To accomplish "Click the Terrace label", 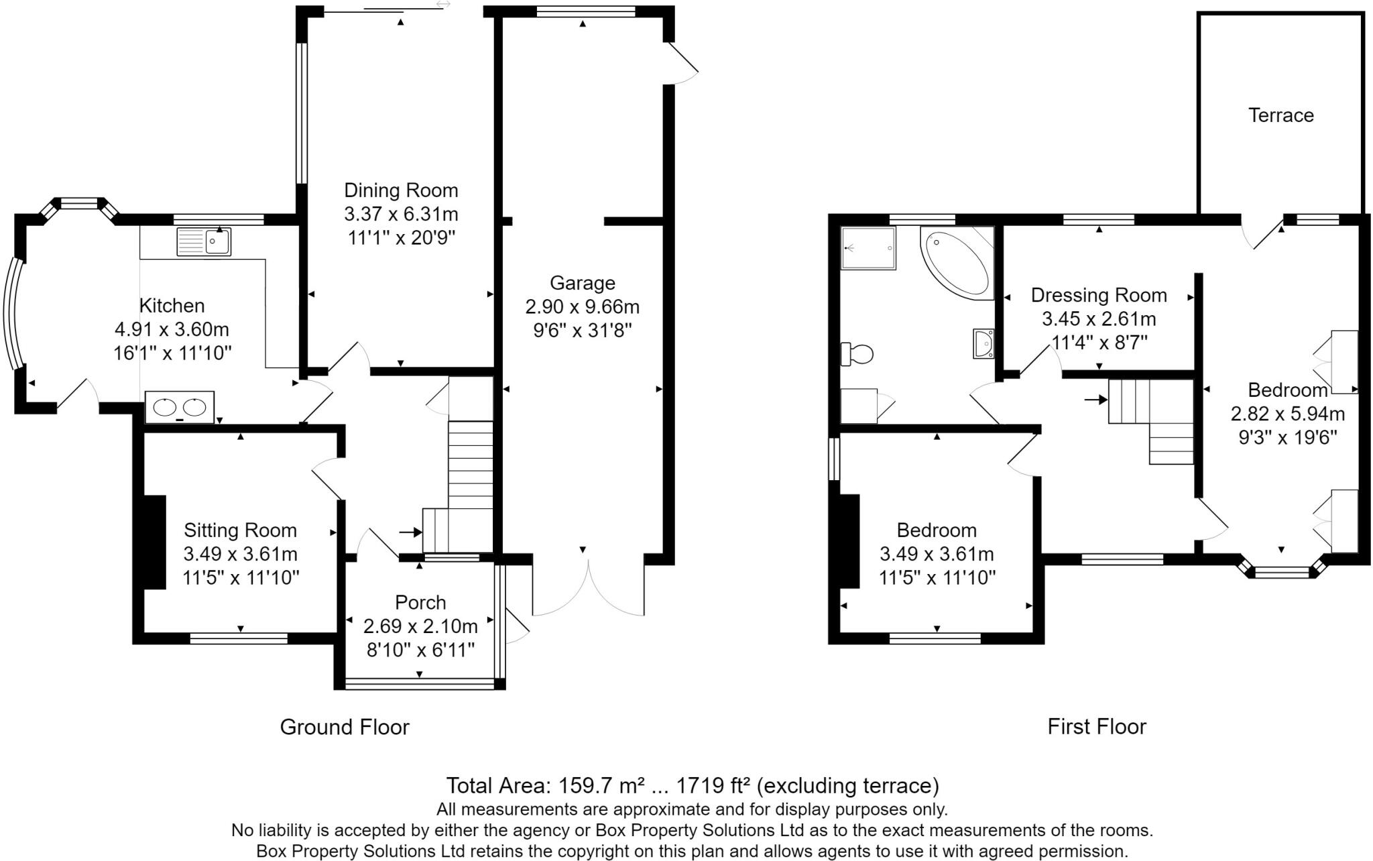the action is click(1280, 115).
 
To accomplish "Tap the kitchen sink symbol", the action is click(204, 241).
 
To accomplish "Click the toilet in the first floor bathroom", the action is click(857, 353).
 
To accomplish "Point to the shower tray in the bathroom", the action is click(868, 248).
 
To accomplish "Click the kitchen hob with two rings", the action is click(180, 407).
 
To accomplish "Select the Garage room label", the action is click(582, 283).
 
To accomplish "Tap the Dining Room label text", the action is click(401, 190).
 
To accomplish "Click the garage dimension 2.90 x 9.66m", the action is click(582, 307).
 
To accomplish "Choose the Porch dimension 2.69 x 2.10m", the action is click(420, 626).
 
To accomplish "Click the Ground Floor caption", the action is click(345, 727).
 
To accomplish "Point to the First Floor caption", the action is click(1097, 726).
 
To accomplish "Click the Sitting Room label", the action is click(240, 530).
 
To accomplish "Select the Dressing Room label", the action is click(1099, 295).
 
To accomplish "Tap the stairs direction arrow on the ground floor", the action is click(410, 532).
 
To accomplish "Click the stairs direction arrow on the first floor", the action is click(1096, 400).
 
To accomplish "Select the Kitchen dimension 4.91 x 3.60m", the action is click(172, 330).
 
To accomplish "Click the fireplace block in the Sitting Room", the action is click(154, 542).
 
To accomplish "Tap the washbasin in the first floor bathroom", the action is click(983, 344).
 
